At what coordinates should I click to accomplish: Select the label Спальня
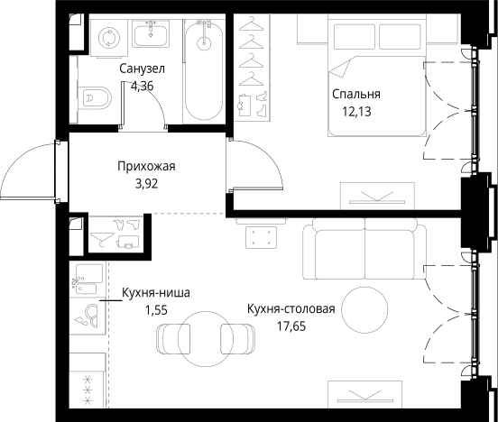coord(355,94)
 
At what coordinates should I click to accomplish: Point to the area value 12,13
coord(355,112)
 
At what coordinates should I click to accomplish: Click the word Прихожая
coord(144,166)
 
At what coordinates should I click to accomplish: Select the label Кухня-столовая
coord(290,309)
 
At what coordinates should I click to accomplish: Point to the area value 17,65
coord(290,326)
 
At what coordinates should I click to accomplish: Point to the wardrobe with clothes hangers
coord(252,68)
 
